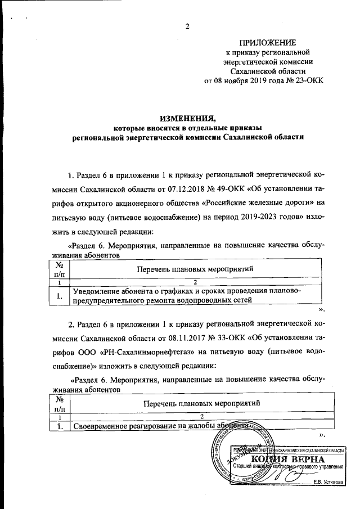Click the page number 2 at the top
pyautogui.click(x=187, y=26)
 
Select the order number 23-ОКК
pyautogui.click(x=306, y=80)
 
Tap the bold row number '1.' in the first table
pyautogui.click(x=58, y=295)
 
